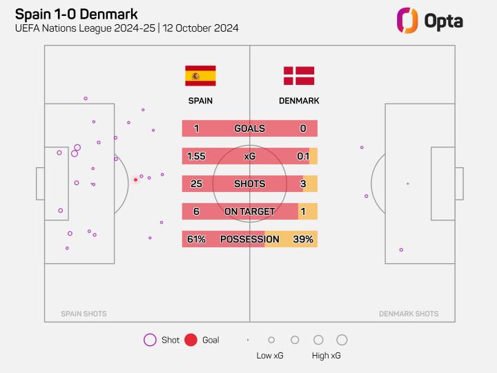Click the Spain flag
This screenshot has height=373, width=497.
(200, 76)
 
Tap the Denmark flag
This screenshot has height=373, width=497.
(299, 76)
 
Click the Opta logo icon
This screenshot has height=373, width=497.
(407, 20)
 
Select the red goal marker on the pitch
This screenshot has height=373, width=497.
(135, 180)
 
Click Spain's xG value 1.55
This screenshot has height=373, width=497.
(196, 156)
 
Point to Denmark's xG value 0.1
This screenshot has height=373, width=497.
(303, 156)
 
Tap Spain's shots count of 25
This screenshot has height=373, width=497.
(196, 184)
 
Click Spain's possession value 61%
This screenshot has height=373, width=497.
(196, 239)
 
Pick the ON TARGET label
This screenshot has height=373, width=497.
(249, 211)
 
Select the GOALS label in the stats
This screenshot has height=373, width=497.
(249, 128)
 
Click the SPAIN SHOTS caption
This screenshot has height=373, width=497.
(84, 314)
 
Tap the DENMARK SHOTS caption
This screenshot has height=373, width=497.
(409, 314)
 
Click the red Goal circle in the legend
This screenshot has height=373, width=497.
(191, 340)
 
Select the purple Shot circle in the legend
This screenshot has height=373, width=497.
(150, 340)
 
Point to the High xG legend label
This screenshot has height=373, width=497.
(326, 356)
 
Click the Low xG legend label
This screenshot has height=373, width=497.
(269, 356)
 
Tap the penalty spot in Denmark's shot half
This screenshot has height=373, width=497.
(407, 184)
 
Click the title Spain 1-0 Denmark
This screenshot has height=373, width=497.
(76, 14)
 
